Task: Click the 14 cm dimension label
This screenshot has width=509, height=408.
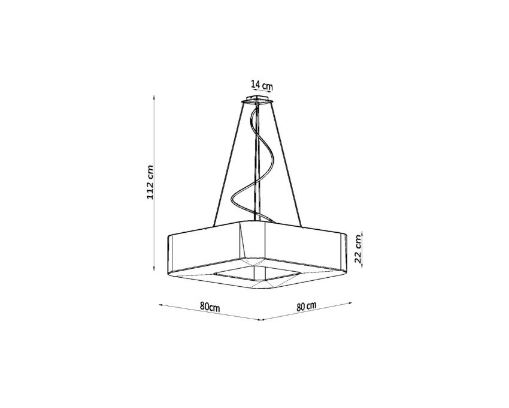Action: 262,85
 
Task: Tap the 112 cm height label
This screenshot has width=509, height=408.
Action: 150,182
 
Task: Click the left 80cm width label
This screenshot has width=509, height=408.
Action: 210,307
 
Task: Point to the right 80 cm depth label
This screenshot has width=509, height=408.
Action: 306,306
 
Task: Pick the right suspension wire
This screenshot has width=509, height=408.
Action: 287,164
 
